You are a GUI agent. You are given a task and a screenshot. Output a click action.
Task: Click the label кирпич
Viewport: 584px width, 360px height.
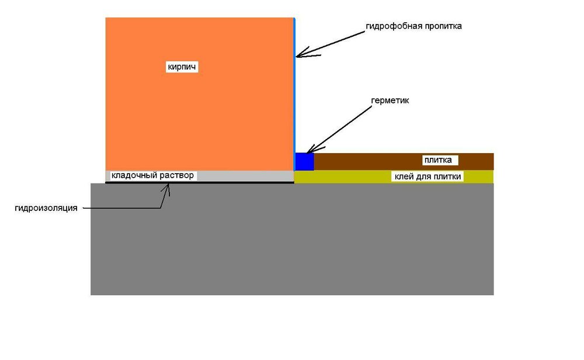[x=182, y=67]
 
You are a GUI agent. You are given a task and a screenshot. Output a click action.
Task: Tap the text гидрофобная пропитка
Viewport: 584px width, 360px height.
[x=414, y=26]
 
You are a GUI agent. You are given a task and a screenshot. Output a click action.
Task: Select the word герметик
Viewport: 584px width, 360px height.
[x=390, y=101]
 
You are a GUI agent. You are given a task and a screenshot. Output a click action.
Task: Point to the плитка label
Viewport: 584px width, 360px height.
[x=438, y=160]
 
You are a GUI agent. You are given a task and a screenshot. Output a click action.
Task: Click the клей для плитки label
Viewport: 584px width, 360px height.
[x=427, y=176]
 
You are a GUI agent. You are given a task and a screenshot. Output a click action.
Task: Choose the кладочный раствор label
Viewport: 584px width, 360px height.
[x=152, y=175]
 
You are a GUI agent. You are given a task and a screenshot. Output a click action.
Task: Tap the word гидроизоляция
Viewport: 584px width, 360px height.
[x=46, y=208]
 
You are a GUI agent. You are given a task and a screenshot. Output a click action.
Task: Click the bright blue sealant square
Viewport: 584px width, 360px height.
[x=304, y=162]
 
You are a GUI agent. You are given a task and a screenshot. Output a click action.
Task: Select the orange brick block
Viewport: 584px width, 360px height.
[x=200, y=94]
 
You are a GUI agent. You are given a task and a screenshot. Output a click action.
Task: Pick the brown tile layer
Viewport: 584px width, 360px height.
[x=404, y=162]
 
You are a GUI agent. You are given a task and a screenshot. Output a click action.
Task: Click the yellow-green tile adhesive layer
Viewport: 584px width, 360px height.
[x=394, y=177]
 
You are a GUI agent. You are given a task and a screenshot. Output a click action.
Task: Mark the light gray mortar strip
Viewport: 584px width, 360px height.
[x=200, y=176]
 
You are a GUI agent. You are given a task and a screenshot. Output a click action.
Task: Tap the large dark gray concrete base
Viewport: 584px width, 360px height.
[x=292, y=239]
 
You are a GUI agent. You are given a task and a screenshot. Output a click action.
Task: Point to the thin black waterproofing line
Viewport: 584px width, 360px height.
[x=200, y=182]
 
